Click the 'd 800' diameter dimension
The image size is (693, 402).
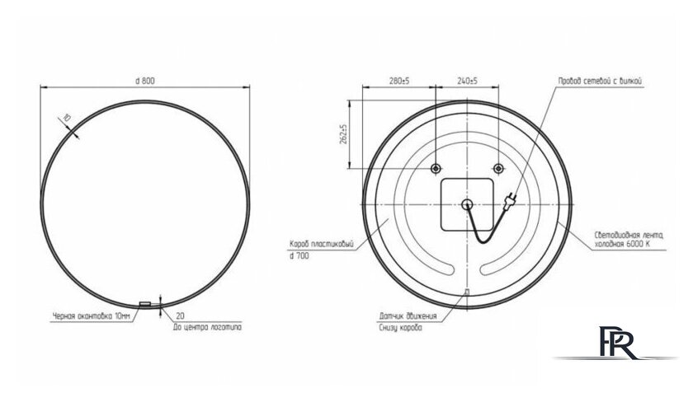(144, 80)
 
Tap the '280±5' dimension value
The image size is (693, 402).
(399, 81)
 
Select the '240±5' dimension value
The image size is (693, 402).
(467, 81)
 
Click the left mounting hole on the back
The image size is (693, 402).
(435, 169)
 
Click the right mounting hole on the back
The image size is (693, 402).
(497, 169)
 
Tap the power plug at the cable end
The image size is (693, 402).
(511, 199)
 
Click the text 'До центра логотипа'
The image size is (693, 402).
(207, 327)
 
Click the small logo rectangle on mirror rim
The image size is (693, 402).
(145, 304)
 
